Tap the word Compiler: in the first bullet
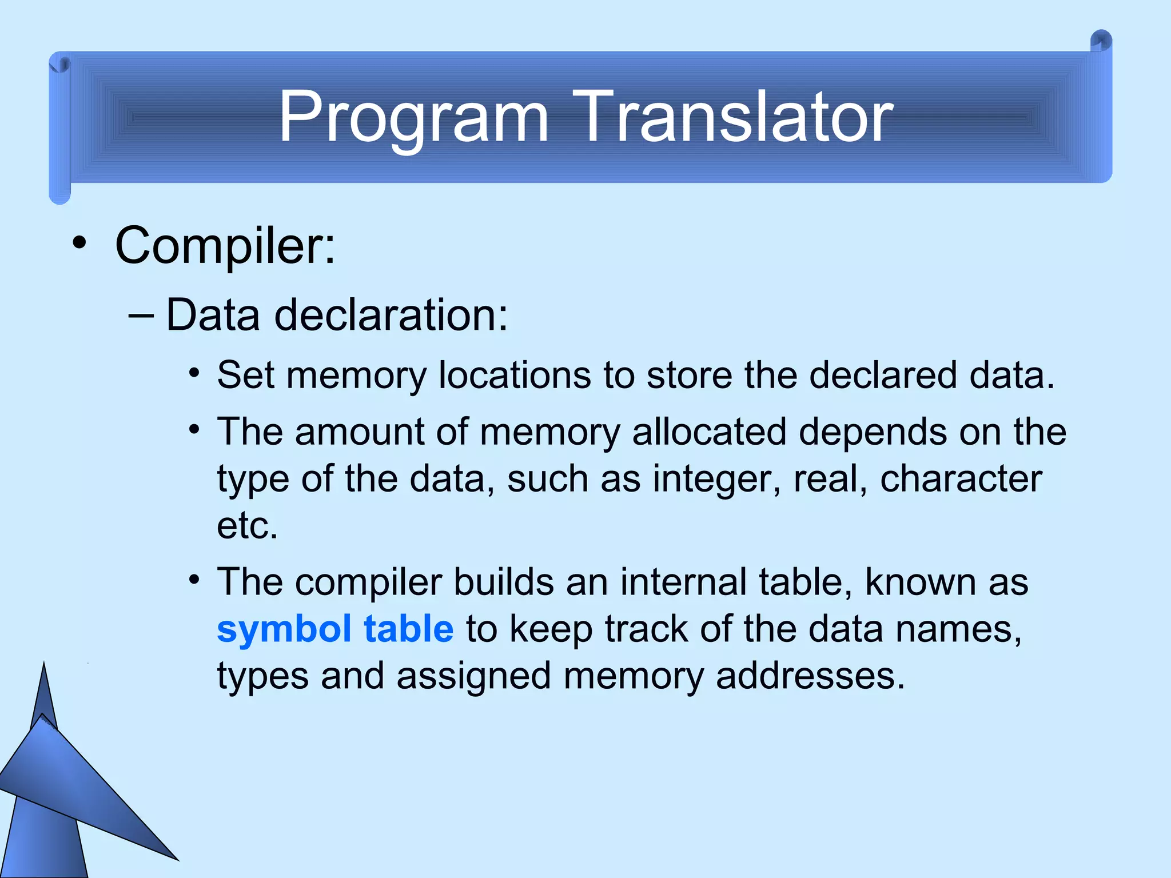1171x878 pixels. click(x=225, y=246)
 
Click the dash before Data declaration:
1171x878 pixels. click(x=141, y=315)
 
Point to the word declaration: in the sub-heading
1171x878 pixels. click(x=391, y=315)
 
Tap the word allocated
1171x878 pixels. click(x=709, y=432)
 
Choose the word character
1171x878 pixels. click(x=961, y=478)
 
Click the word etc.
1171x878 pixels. click(x=247, y=525)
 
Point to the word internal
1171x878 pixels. click(x=683, y=582)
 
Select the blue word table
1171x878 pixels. click(x=408, y=629)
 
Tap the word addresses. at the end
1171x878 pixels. click(x=810, y=676)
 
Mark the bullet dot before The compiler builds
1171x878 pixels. click(x=194, y=580)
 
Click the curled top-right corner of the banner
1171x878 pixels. click(x=1101, y=42)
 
